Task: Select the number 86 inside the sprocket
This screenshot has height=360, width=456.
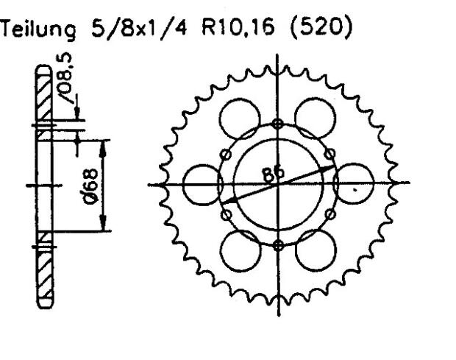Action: [274, 174]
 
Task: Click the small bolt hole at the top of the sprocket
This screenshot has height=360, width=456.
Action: [277, 123]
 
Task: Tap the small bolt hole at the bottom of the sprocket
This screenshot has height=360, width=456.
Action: [277, 245]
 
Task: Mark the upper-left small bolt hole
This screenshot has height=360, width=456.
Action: [226, 153]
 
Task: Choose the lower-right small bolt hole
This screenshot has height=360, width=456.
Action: [329, 214]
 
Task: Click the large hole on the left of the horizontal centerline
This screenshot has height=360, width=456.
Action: [202, 184]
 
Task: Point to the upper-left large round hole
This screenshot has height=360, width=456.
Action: [240, 119]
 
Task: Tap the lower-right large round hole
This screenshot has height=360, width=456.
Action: [316, 250]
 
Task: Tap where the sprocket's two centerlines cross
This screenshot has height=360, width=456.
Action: [277, 184]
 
